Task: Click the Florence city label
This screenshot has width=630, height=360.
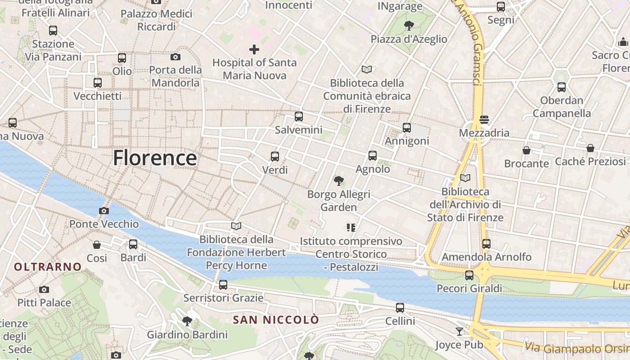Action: (x=154, y=158)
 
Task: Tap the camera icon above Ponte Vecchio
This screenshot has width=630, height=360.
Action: (x=103, y=211)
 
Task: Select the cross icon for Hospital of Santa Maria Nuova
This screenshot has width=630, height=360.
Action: (x=254, y=49)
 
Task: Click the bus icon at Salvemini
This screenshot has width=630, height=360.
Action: (x=298, y=117)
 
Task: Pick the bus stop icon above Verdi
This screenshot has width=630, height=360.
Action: (x=274, y=157)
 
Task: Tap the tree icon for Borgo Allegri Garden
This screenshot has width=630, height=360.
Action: (x=338, y=181)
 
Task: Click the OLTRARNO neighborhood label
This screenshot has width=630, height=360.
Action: (x=48, y=267)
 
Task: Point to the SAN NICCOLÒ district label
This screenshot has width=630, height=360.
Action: (x=276, y=320)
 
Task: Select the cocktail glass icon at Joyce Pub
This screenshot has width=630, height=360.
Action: (x=459, y=332)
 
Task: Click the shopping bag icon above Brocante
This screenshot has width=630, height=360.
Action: (x=526, y=150)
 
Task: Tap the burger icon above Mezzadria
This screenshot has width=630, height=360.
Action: (x=484, y=120)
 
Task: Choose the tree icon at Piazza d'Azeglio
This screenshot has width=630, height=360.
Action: (x=409, y=26)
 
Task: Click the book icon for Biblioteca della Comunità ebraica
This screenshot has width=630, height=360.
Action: (x=367, y=70)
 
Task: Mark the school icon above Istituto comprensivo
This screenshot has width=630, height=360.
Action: (x=351, y=228)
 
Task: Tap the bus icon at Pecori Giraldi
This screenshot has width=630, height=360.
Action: (x=469, y=275)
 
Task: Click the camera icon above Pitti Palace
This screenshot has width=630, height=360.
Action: (x=44, y=289)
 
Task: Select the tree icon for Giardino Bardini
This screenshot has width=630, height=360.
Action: (x=187, y=321)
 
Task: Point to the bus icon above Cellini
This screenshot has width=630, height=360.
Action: (x=400, y=308)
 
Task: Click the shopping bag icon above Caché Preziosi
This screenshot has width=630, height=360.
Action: (x=590, y=148)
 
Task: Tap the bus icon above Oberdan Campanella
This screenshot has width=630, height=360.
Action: (x=561, y=87)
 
